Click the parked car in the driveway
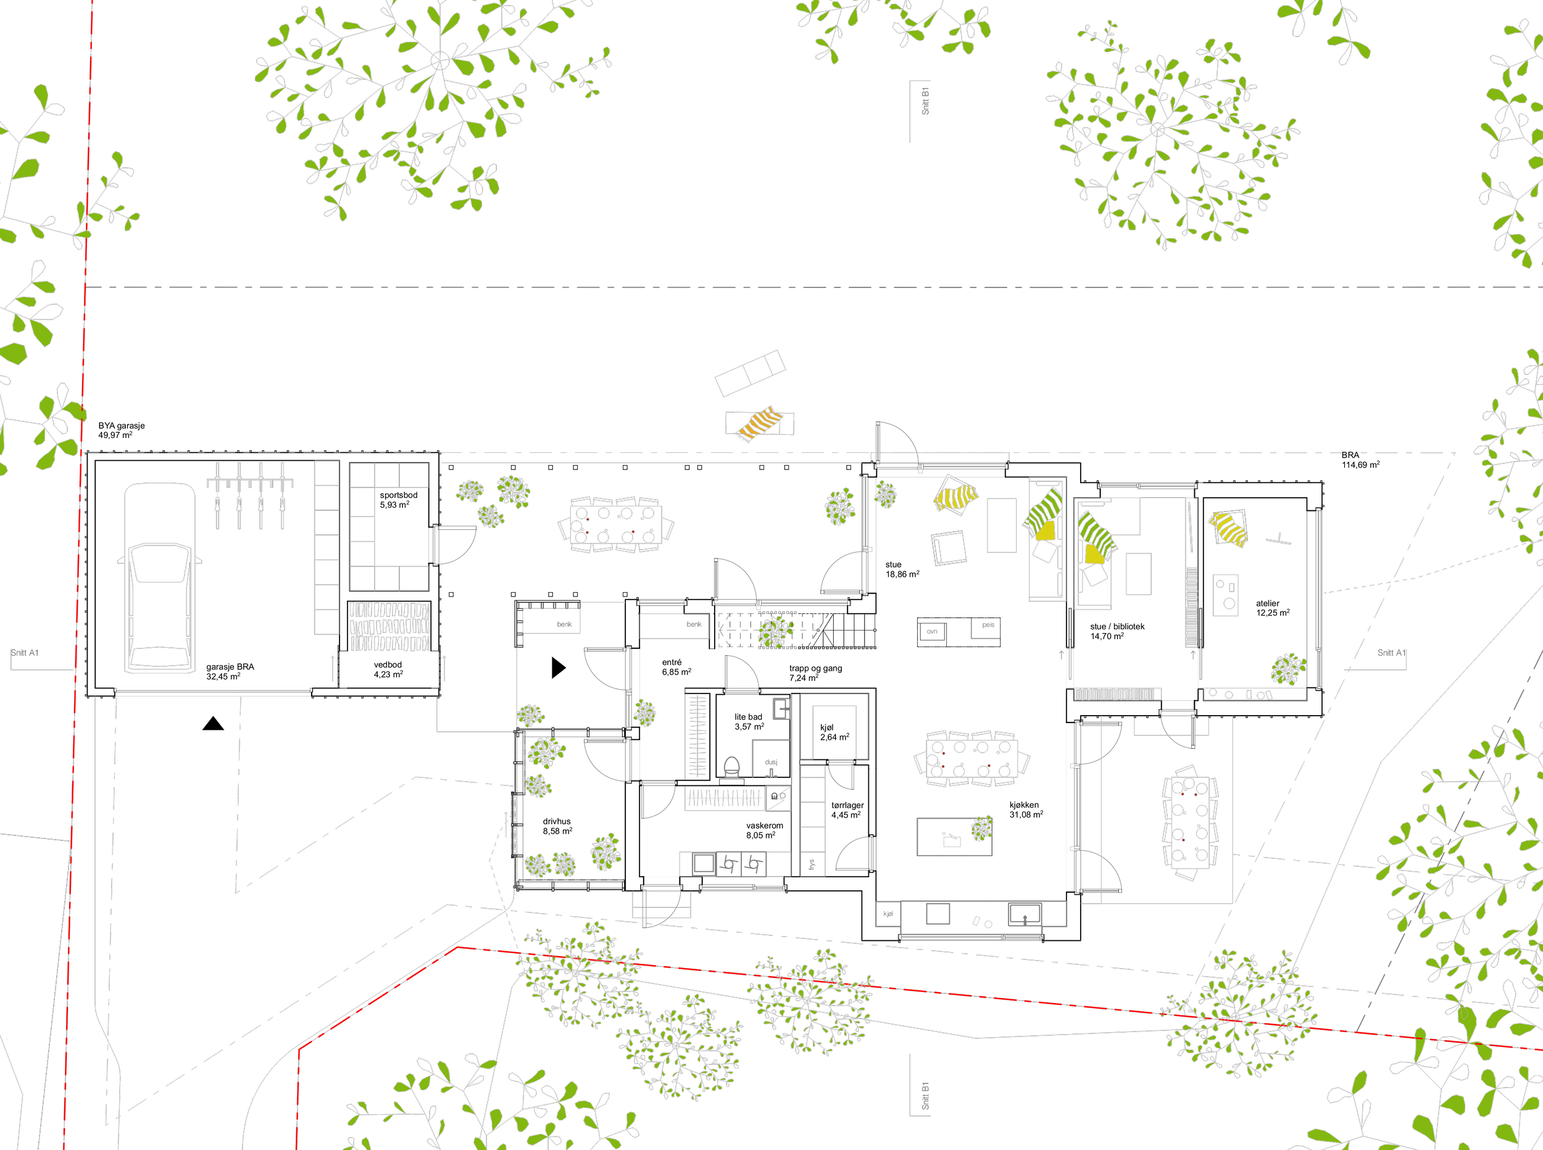coord(159,578)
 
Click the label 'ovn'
coord(931,632)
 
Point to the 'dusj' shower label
coord(771,763)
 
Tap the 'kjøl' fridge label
coord(888,913)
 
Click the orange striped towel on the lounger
coord(759,423)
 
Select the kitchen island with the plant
coord(954,837)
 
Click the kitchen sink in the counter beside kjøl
coord(1025,913)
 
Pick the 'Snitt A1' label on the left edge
coord(25,653)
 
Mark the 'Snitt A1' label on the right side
coord(1391,653)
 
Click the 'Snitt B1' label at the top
coord(925,101)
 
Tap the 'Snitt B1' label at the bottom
coord(925,1096)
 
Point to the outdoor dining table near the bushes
coord(615,524)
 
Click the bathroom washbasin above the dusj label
coord(781,709)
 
